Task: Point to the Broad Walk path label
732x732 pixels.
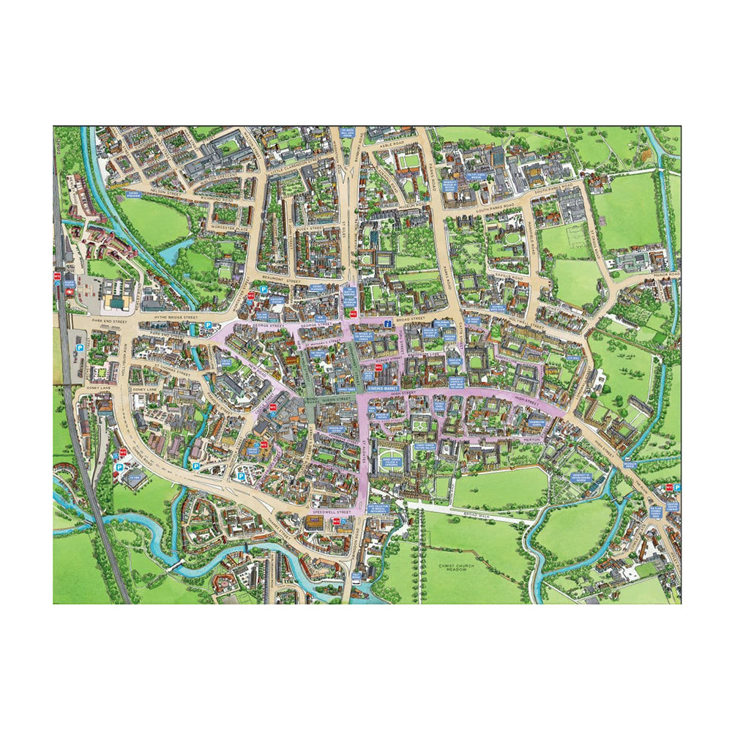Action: pos(479,515)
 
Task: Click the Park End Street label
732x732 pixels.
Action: pos(111,321)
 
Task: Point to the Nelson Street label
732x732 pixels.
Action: pos(167,189)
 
